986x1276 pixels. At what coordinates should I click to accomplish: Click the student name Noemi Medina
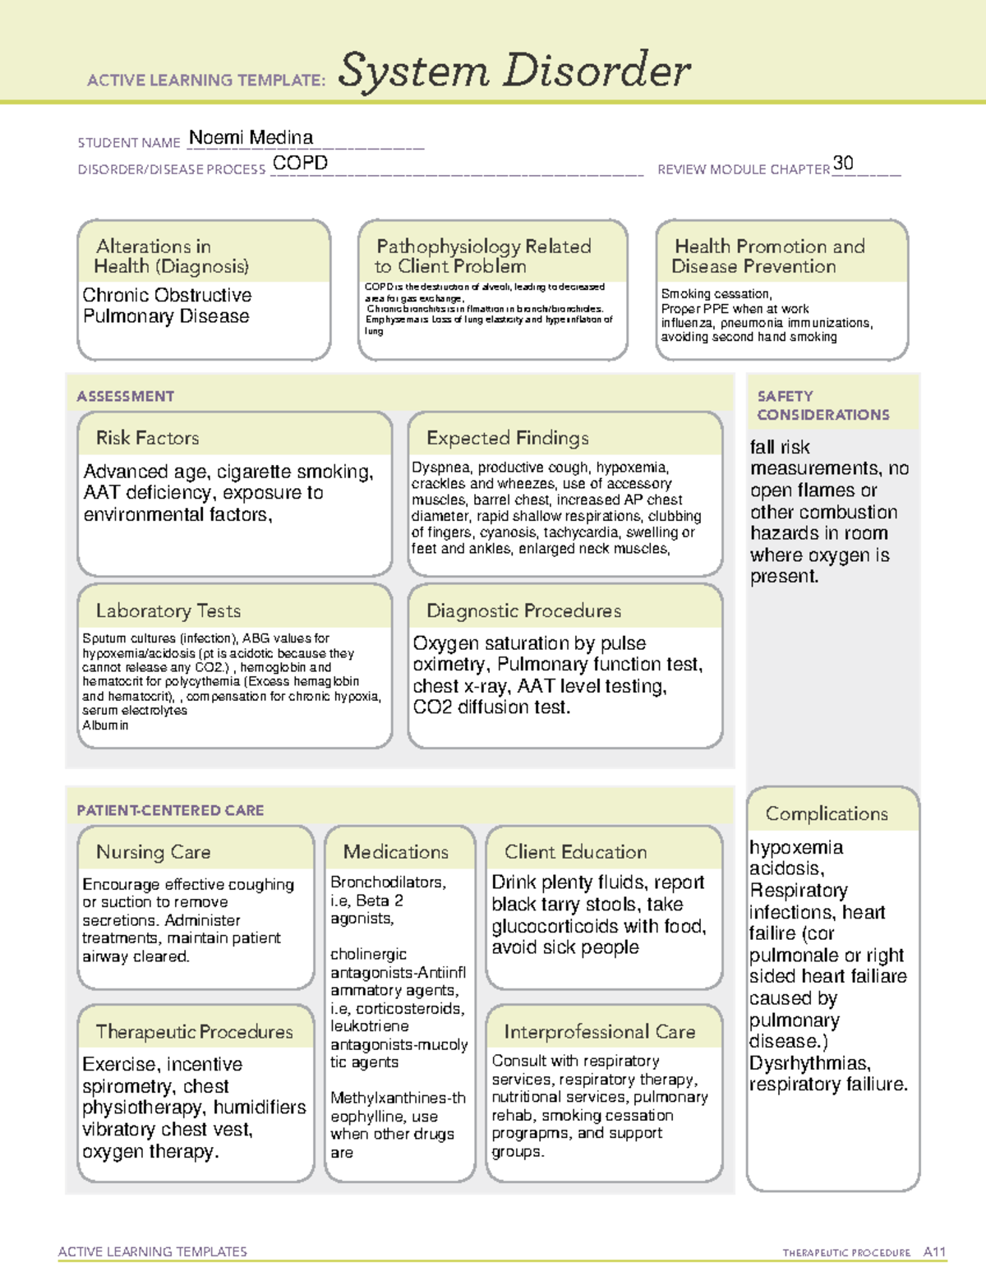tap(251, 137)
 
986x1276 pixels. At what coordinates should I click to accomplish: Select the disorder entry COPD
tap(300, 163)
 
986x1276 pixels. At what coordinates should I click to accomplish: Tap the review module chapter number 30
tap(843, 163)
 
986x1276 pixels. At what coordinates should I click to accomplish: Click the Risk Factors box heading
tap(147, 438)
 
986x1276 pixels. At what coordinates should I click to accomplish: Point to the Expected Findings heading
tap(507, 438)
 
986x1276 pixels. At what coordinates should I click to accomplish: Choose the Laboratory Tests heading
tap(168, 610)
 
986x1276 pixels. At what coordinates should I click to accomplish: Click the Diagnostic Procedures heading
tap(523, 610)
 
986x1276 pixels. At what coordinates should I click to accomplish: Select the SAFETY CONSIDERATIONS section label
tap(822, 405)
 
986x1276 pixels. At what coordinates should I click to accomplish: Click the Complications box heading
tap(826, 813)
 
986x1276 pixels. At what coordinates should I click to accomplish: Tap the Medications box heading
tap(395, 852)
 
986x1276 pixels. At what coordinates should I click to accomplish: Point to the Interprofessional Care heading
tap(599, 1031)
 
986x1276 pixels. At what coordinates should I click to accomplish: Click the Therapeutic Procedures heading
tap(194, 1031)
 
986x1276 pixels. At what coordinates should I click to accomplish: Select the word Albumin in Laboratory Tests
tap(105, 726)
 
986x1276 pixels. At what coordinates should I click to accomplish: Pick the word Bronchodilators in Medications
tap(386, 882)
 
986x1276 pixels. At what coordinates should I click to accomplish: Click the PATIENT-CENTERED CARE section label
tap(170, 810)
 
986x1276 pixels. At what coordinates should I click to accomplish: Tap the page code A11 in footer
tap(934, 1252)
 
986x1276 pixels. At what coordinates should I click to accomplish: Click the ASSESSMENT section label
tap(125, 396)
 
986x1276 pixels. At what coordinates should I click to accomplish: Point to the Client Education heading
tap(575, 852)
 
